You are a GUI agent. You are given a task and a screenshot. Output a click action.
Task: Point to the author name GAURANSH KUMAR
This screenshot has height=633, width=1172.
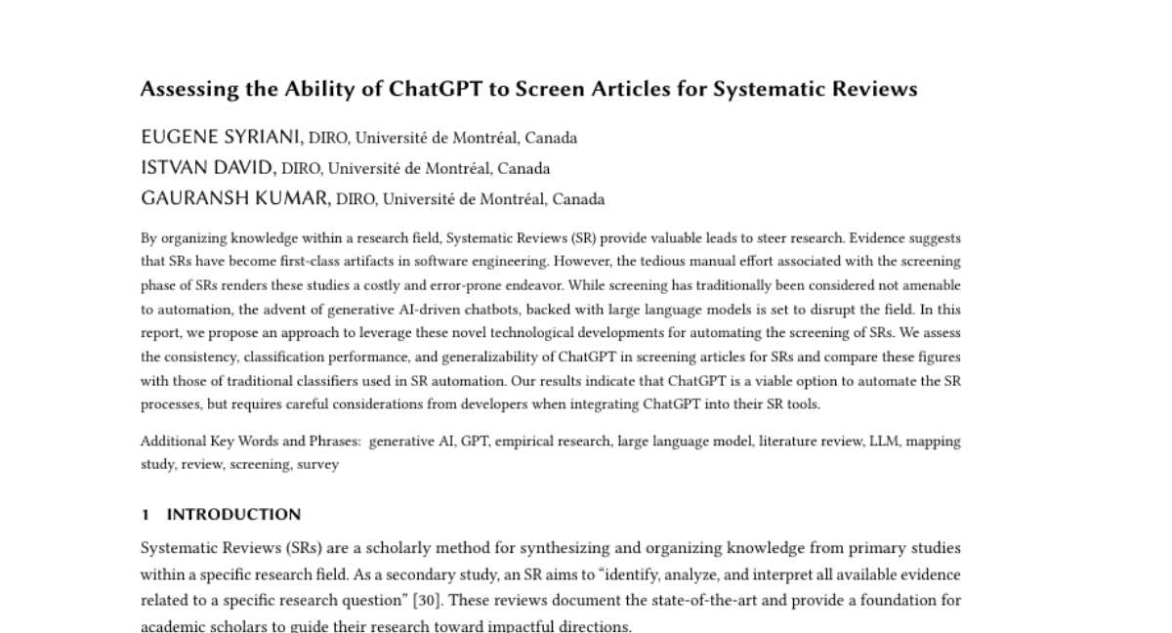235,199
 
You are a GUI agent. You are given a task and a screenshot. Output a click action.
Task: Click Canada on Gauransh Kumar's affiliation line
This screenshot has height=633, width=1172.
578,200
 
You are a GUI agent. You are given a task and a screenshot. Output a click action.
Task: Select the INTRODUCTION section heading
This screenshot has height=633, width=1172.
233,515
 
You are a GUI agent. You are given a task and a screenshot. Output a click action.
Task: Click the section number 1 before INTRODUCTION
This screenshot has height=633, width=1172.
145,515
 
